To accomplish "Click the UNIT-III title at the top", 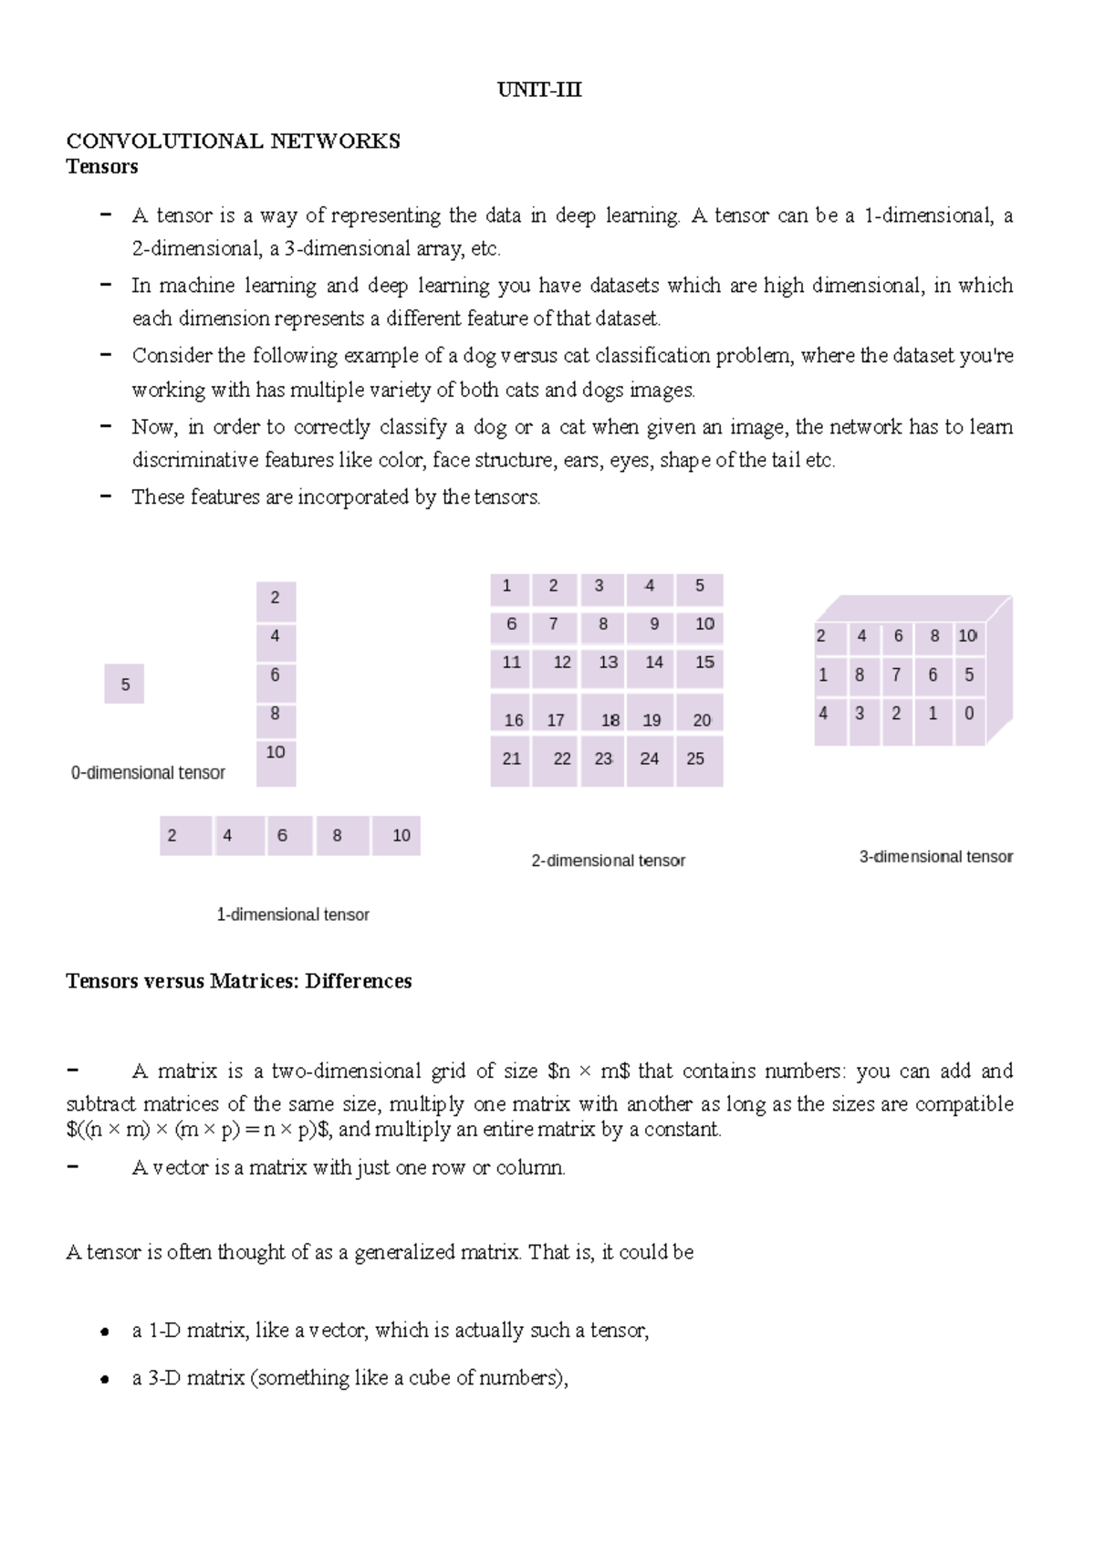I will click(x=538, y=89).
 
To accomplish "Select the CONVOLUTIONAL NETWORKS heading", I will click(x=233, y=141).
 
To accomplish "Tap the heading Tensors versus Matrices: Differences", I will click(x=238, y=981).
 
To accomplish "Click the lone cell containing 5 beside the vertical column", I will click(x=125, y=684).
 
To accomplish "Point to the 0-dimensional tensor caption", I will click(x=148, y=773).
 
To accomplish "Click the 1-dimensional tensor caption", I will click(x=292, y=914).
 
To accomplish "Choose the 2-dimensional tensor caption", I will click(x=608, y=861).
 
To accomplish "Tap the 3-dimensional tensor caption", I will click(x=935, y=857).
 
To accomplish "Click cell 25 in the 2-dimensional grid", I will click(x=696, y=758).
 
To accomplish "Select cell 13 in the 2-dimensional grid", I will click(x=608, y=663).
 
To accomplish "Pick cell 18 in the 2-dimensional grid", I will click(x=610, y=720).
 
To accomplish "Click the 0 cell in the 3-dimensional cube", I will click(x=968, y=714).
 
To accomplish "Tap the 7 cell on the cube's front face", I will click(x=896, y=674).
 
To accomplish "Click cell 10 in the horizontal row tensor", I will click(x=401, y=836).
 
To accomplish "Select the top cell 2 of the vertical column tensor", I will click(x=276, y=599).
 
